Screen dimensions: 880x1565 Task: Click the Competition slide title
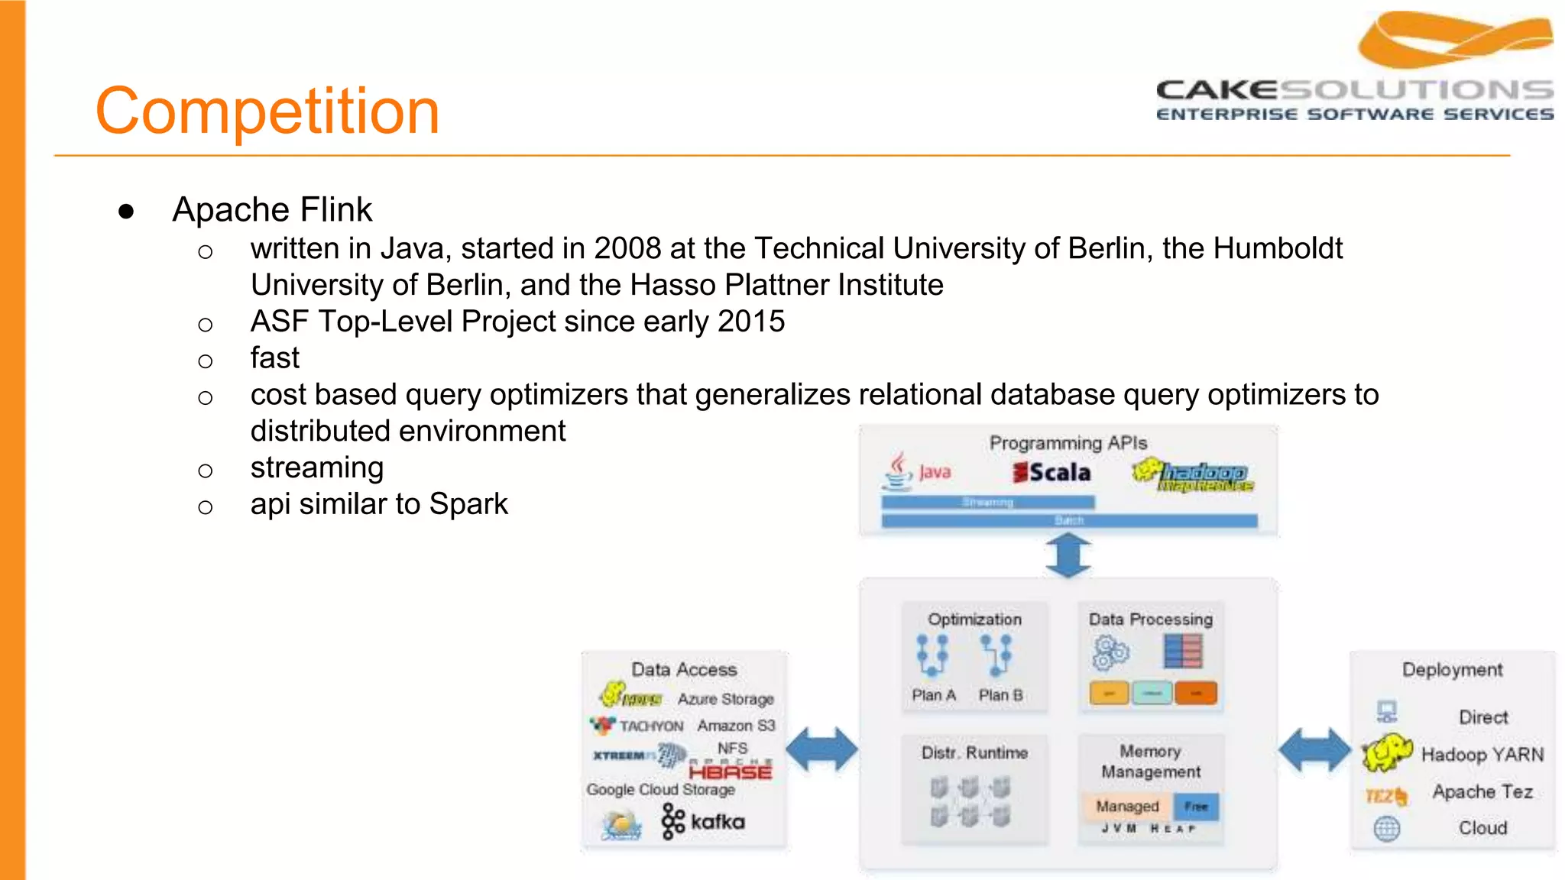coord(267,112)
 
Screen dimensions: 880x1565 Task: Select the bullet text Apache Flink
coord(272,209)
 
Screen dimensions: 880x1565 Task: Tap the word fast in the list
coord(274,357)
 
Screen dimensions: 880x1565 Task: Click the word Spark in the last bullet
coord(468,504)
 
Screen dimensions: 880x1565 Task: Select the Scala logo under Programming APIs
coord(1051,473)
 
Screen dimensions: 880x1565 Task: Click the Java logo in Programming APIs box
coord(917,471)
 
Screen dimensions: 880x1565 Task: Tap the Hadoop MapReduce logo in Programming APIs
coord(1194,475)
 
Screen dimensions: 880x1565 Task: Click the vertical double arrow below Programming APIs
coord(1068,555)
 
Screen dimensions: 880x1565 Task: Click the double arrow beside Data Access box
coord(821,749)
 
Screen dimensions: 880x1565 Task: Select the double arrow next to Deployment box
coord(1314,749)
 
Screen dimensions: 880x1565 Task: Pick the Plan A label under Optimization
coord(933,695)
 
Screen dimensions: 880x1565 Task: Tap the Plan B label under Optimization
coord(1000,695)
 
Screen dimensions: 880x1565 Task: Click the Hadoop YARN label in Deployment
coord(1482,755)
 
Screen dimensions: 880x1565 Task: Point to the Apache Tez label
coord(1482,792)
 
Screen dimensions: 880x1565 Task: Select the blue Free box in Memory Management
coord(1196,807)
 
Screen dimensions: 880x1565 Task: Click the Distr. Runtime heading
coord(974,753)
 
